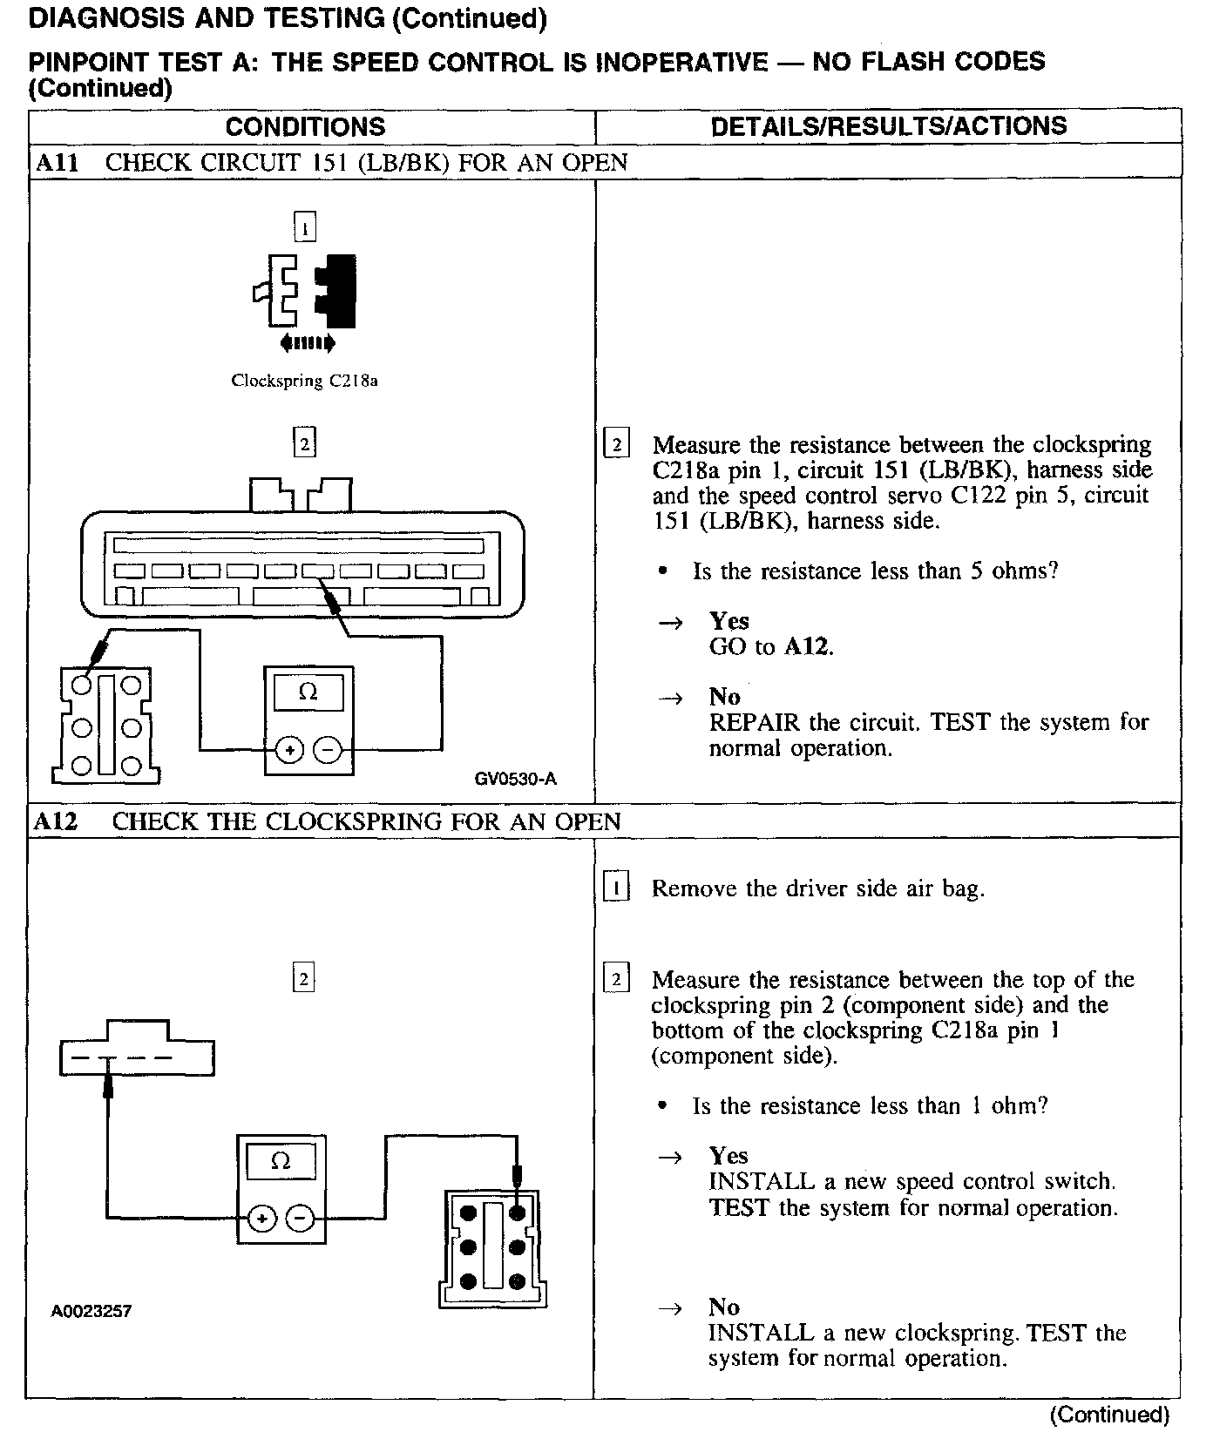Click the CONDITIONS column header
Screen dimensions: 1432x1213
click(x=305, y=127)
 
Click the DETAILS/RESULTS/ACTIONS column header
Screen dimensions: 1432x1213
click(x=888, y=126)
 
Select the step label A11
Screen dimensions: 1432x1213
click(x=58, y=163)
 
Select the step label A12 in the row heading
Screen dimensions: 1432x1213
click(x=58, y=821)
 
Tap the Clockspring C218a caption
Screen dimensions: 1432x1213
click(x=304, y=381)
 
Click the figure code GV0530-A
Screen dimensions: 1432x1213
click(x=515, y=779)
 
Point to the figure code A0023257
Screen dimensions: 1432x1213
click(x=91, y=1311)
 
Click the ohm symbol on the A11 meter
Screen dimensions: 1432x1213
click(x=308, y=692)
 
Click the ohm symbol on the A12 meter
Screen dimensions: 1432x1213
click(x=281, y=1161)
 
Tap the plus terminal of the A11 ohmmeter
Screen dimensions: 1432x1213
click(x=290, y=749)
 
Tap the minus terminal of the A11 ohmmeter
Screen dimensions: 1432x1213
click(x=328, y=749)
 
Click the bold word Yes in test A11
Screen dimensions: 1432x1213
click(x=728, y=621)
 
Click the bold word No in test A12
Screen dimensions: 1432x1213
click(x=724, y=1307)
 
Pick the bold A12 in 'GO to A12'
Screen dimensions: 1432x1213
click(x=807, y=646)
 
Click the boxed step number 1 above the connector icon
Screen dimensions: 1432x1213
click(x=304, y=228)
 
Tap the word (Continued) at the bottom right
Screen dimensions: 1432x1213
click(x=1109, y=1415)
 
